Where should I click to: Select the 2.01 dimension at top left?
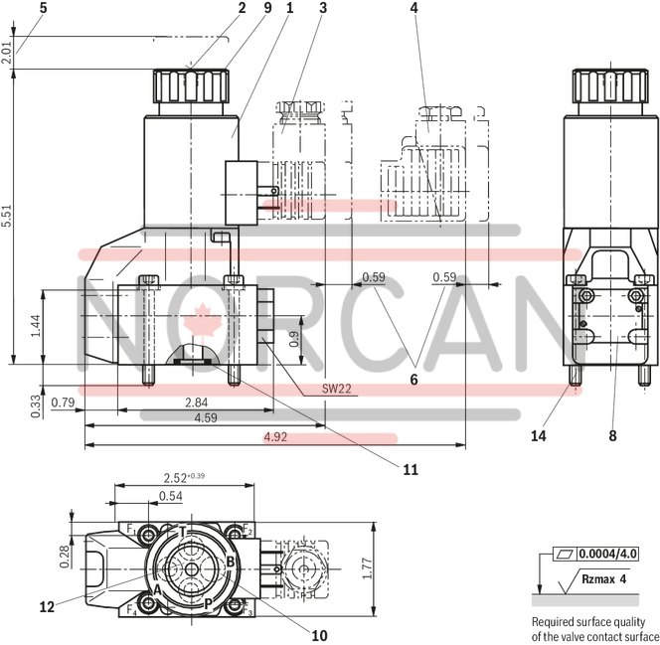pyautogui.click(x=8, y=53)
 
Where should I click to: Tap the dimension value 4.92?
pyautogui.click(x=274, y=435)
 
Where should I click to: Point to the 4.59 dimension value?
pyautogui.click(x=206, y=418)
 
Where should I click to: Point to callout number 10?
pyautogui.click(x=318, y=634)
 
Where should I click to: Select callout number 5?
pyautogui.click(x=15, y=8)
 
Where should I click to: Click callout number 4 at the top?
pyautogui.click(x=413, y=8)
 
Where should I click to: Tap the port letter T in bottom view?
pyautogui.click(x=182, y=530)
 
